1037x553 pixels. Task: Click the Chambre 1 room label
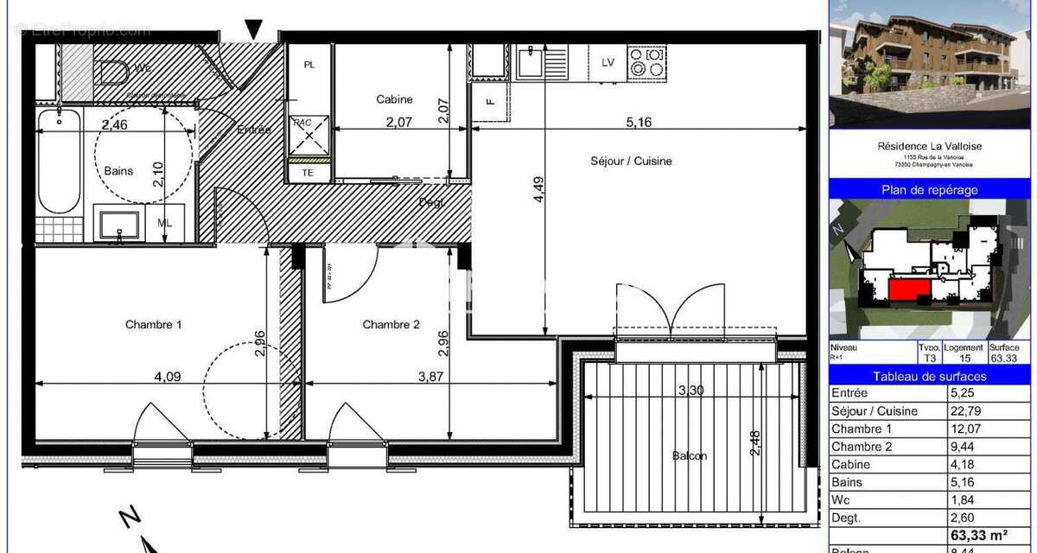[154, 325]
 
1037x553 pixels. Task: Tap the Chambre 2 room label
[391, 325]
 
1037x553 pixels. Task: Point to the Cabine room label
[394, 99]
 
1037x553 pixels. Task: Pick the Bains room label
[119, 171]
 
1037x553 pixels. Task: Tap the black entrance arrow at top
[253, 29]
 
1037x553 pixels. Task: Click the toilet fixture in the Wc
[112, 71]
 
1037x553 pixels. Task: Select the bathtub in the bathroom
[60, 162]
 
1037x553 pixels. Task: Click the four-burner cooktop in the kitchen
[647, 63]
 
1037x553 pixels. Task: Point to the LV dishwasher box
[608, 62]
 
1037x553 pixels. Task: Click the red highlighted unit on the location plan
[907, 289]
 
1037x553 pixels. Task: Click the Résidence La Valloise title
[930, 146]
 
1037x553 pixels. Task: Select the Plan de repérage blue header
[930, 189]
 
